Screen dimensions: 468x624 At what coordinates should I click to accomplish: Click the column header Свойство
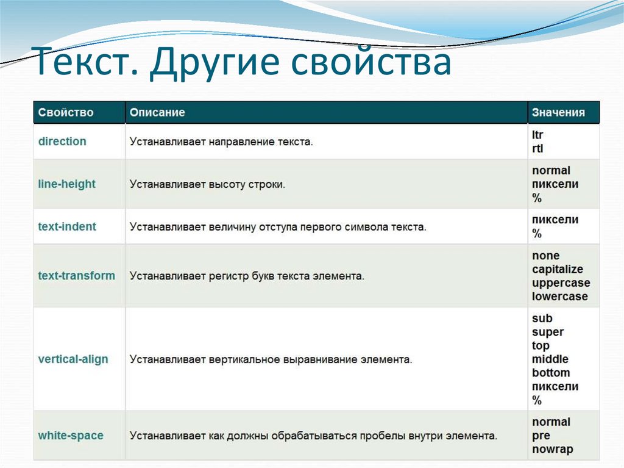(66, 113)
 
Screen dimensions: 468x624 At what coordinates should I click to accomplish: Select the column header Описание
(157, 113)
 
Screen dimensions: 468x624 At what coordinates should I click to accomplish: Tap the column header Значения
(558, 113)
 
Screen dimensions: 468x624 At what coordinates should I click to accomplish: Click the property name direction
(62, 142)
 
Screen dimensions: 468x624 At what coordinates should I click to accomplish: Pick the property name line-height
(67, 184)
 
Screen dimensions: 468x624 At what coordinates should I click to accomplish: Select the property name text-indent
(67, 227)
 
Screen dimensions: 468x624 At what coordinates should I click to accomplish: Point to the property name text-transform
(76, 276)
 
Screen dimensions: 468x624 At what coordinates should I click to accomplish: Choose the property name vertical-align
(73, 359)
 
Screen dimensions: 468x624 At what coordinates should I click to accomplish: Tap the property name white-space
(71, 436)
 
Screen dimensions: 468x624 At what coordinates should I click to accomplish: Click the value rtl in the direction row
(537, 148)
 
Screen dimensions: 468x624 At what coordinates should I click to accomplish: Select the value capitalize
(558, 270)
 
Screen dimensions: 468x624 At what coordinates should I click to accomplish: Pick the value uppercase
(561, 283)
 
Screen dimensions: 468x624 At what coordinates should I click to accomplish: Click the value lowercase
(560, 297)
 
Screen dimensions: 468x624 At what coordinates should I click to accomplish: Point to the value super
(548, 332)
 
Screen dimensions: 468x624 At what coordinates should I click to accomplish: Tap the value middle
(550, 359)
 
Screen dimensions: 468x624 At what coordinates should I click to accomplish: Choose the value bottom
(551, 373)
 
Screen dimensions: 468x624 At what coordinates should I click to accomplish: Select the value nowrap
(553, 450)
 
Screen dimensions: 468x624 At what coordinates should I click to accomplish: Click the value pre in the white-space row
(541, 436)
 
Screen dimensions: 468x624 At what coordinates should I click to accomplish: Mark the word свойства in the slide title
(370, 65)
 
